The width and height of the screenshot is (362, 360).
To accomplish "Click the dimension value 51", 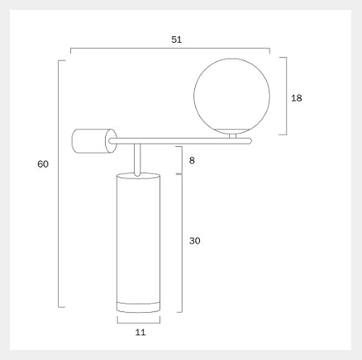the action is [x=177, y=40].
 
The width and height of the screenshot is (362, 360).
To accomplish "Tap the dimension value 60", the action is [x=43, y=164].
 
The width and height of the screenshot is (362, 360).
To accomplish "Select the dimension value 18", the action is [x=297, y=98].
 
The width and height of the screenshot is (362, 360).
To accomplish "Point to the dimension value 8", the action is [x=192, y=160].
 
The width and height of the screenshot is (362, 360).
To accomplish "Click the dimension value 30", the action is [x=194, y=241].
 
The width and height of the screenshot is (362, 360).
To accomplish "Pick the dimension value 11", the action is [x=141, y=333].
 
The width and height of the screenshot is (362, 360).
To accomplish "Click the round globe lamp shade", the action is [x=231, y=96].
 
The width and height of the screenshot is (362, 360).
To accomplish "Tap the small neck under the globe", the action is [x=233, y=136].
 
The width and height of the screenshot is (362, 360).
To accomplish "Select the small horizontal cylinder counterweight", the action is [x=94, y=141].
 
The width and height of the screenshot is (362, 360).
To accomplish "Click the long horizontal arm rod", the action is [x=180, y=141].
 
